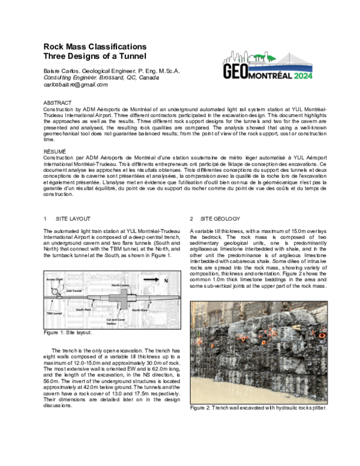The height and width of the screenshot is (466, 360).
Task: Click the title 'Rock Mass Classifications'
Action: click(x=95, y=47)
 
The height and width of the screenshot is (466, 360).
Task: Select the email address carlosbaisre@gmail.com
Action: click(x=76, y=85)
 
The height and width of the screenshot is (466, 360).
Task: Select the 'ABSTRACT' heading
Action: click(x=58, y=103)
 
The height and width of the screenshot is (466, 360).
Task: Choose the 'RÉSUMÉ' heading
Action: click(x=55, y=151)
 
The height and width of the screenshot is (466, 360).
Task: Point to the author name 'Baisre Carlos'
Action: click(x=63, y=71)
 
